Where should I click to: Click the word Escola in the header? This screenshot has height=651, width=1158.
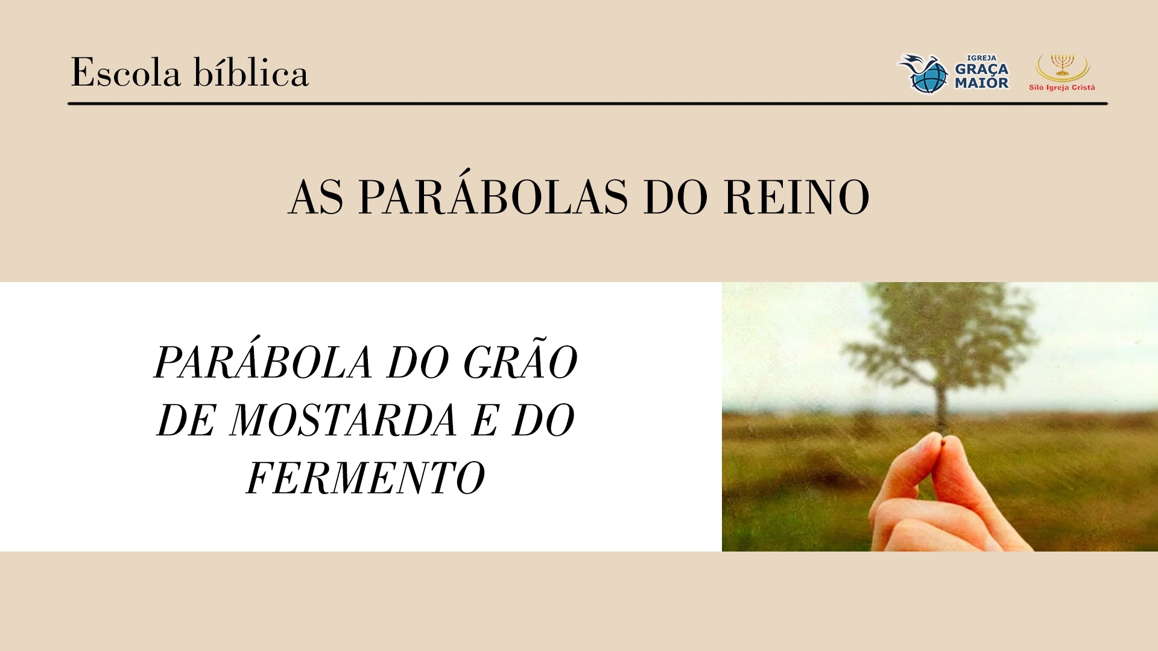point(126,72)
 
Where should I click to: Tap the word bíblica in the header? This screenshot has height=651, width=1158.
point(251,72)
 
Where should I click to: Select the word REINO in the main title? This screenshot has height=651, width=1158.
point(796,197)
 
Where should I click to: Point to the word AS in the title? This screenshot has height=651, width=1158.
point(316,197)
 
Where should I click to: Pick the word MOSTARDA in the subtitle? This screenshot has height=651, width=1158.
point(343,420)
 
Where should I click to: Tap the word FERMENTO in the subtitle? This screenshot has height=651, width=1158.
point(365,478)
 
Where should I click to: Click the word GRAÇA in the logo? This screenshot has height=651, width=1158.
point(981,69)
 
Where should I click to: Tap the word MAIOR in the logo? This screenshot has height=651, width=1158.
point(981,83)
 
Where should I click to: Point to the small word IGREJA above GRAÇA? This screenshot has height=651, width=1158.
point(982,58)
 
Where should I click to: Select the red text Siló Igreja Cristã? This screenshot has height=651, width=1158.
point(1062,87)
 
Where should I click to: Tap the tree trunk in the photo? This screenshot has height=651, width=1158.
point(941,410)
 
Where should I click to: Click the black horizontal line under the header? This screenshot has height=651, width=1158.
point(587,104)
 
